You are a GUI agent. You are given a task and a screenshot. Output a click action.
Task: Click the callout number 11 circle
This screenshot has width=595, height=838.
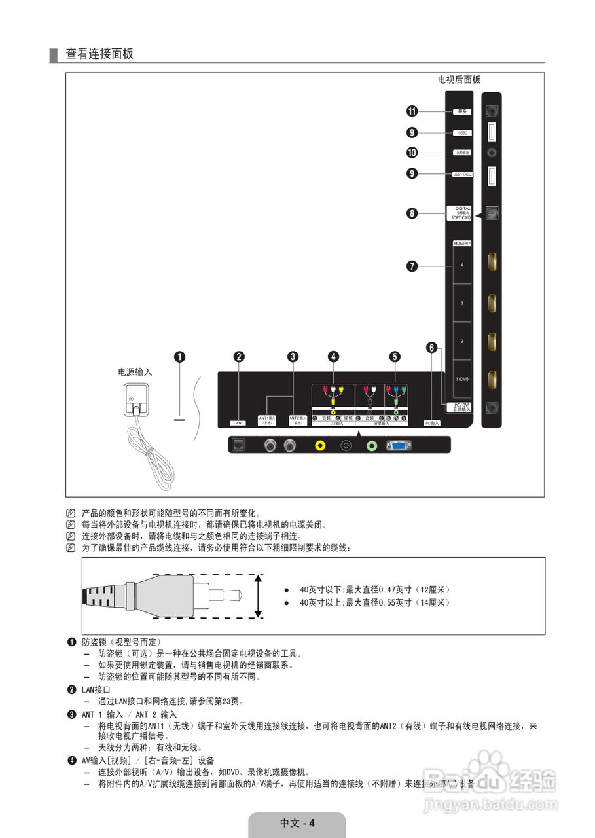412,111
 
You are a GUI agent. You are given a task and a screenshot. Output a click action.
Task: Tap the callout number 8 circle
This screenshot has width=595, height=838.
412,213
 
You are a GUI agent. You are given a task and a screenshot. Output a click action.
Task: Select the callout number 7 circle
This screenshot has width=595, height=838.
412,266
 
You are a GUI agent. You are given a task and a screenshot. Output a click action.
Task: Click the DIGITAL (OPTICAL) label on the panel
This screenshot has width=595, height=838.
461,213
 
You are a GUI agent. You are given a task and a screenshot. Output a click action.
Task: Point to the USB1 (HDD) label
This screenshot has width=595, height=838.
462,174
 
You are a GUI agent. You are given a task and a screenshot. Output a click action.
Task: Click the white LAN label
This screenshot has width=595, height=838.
238,423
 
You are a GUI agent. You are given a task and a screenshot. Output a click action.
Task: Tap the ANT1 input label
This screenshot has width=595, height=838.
267,420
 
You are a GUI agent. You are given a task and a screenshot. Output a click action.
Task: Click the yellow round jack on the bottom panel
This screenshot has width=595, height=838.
320,445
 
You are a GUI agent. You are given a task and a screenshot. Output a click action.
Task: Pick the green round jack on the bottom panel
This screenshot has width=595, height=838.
372,445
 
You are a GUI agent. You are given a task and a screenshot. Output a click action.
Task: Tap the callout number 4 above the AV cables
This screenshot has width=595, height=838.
334,357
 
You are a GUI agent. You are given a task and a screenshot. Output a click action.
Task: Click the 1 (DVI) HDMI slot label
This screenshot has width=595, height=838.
462,379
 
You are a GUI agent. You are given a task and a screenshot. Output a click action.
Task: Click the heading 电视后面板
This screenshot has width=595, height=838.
459,80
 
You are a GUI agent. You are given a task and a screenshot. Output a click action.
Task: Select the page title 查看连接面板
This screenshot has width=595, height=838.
99,54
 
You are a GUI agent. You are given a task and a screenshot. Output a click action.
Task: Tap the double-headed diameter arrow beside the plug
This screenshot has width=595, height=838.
259,596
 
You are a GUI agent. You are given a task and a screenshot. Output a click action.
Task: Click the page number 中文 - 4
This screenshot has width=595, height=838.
297,823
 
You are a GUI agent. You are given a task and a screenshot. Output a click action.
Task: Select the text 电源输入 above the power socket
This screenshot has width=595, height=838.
135,372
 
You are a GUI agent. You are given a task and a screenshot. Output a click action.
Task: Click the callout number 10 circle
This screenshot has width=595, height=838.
412,153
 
